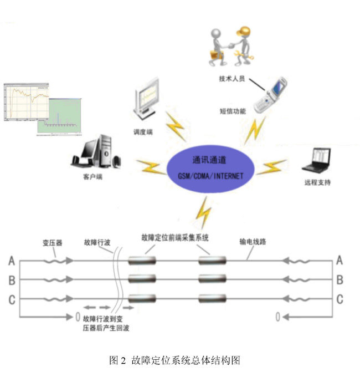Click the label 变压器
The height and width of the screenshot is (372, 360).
click(x=52, y=242)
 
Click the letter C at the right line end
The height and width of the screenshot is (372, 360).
click(x=340, y=299)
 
